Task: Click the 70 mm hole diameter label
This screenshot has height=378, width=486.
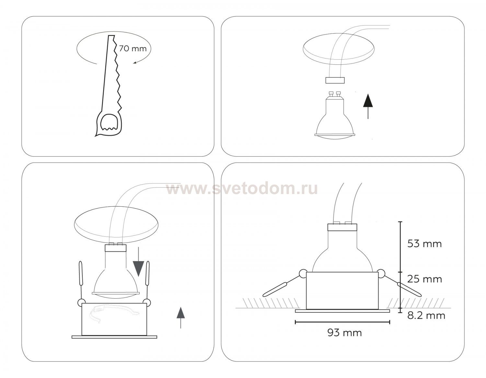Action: tap(133, 49)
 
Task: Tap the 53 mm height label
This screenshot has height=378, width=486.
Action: tap(424, 244)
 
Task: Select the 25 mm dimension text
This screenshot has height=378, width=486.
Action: tap(424, 279)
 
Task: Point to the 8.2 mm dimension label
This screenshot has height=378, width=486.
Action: tap(426, 315)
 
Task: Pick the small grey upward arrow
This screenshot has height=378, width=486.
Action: tap(181, 318)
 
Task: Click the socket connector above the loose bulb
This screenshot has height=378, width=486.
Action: tap(335, 80)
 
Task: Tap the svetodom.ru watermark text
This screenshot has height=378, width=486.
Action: tap(242, 189)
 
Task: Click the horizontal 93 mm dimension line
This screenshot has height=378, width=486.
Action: tap(342, 322)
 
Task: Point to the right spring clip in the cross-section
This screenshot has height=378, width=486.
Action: tap(399, 283)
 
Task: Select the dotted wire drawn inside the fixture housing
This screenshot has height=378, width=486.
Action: tap(114, 313)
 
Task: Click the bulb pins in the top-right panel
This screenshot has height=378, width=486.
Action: tap(335, 93)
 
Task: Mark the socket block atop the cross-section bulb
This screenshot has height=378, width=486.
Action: tap(342, 227)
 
